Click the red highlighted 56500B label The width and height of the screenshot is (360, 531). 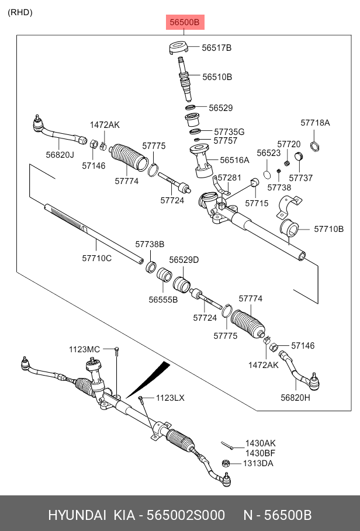[x=185, y=23]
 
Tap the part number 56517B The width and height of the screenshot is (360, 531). [x=217, y=48]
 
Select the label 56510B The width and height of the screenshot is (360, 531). [x=217, y=77]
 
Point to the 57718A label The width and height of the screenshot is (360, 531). [x=315, y=123]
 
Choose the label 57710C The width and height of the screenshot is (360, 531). [x=96, y=258]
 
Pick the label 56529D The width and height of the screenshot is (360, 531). [x=184, y=259]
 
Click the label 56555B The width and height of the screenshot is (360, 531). [x=162, y=300]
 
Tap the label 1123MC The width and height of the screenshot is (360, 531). [x=85, y=349]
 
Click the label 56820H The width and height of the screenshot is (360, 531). [x=295, y=398]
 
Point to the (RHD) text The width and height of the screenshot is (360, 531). [x=20, y=12]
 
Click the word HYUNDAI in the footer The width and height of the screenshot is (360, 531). [x=77, y=515]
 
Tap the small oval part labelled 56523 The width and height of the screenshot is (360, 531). [x=266, y=174]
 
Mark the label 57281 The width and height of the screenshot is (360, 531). [x=229, y=177]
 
